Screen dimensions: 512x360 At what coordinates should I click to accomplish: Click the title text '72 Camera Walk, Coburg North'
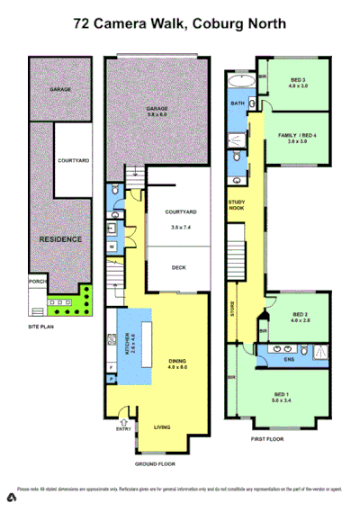click(180, 26)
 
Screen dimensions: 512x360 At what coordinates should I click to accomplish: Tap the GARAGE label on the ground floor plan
click(158, 109)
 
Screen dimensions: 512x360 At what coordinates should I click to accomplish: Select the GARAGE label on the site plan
click(61, 90)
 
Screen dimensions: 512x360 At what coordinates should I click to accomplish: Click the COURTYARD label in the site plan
click(72, 160)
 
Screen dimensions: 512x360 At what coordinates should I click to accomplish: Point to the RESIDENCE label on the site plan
click(59, 239)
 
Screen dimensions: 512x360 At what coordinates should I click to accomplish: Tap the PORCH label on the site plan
click(37, 278)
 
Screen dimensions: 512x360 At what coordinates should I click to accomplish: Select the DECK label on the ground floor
click(179, 267)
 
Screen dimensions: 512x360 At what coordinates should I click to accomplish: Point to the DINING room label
click(178, 361)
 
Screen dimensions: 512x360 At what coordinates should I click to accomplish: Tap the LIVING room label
click(163, 427)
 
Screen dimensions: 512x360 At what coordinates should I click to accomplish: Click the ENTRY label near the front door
click(123, 429)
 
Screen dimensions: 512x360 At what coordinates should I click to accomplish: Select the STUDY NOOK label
click(237, 205)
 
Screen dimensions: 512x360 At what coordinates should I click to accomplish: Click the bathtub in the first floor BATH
click(238, 83)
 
